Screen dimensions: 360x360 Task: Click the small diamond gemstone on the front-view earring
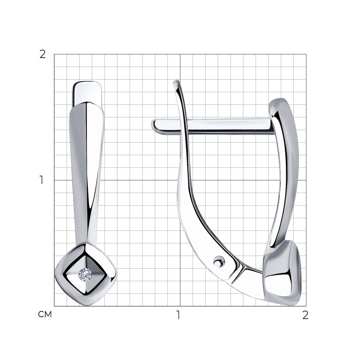click(85, 274)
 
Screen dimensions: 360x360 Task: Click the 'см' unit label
click(45, 314)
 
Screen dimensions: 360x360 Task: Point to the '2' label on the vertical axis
click(43, 54)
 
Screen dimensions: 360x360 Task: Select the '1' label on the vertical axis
click(41, 180)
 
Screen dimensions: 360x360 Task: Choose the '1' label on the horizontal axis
click(178, 315)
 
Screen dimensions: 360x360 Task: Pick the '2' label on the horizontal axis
click(305, 315)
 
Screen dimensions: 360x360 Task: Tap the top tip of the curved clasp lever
click(176, 81)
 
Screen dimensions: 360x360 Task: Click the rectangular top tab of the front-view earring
click(87, 94)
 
